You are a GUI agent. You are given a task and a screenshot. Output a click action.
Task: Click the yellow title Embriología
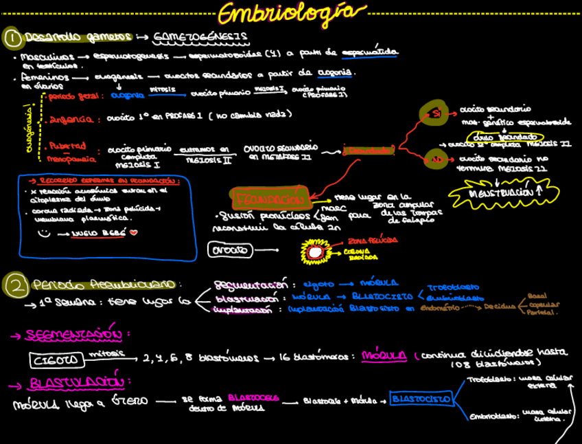click(291, 13)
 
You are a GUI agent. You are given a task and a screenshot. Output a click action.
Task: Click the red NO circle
click(436, 158)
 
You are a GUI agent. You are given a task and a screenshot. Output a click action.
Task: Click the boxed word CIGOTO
click(56, 359)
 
